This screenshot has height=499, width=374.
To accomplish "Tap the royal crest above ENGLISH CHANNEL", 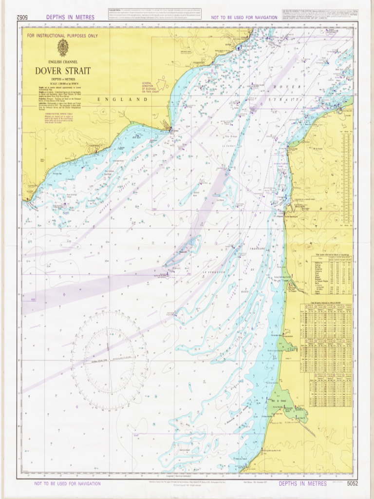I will (x=62, y=48).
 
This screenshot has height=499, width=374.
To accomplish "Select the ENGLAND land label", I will (x=123, y=99).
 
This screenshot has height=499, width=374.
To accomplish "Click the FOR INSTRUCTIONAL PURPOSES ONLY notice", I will (x=62, y=36).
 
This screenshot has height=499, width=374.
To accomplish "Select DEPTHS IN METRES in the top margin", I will (x=70, y=18).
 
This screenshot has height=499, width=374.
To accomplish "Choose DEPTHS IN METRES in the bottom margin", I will (x=302, y=483).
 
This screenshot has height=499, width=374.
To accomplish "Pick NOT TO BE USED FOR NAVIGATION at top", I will (x=244, y=18).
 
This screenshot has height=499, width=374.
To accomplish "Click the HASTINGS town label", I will (x=92, y=145).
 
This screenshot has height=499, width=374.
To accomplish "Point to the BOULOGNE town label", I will (x=297, y=206).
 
